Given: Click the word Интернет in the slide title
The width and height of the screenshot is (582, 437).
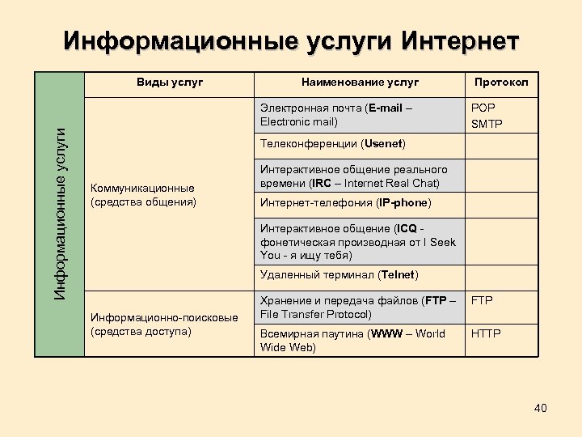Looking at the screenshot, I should pos(460,40).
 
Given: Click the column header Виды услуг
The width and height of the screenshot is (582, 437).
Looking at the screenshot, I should pos(170,82).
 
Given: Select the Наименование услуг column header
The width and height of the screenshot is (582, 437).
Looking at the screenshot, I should pos(360,82).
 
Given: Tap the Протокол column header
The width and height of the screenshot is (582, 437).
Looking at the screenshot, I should pos(501,82).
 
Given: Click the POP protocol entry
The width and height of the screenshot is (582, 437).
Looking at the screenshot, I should pos(483,108).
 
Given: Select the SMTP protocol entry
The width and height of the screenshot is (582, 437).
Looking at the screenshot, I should pos(487,123).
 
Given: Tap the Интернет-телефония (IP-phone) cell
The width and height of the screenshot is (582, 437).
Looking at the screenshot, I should pos(345,202).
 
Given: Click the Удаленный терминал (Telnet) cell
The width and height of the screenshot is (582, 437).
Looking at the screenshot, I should pos(339,275).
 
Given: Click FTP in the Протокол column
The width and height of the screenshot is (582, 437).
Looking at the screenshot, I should pos(482,300).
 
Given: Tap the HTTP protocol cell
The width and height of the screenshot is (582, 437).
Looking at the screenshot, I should pos(486,333).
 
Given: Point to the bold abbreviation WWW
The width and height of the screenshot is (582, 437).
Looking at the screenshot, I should pos(385,333).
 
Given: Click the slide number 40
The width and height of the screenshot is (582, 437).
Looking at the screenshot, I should pos(540,408).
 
